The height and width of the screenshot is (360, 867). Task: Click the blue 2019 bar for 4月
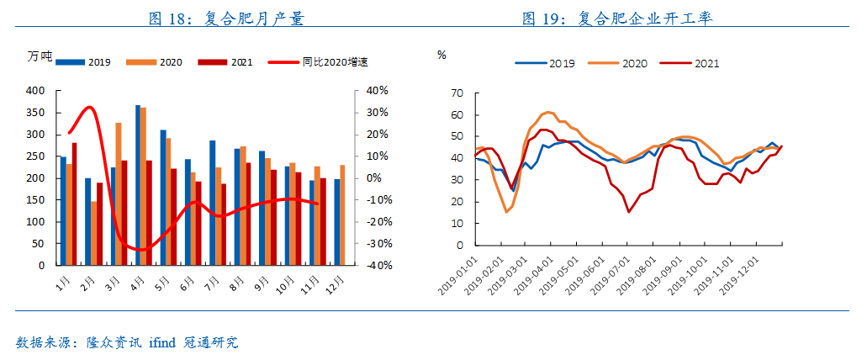(138, 185)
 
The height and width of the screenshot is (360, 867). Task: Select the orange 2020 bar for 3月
(119, 193)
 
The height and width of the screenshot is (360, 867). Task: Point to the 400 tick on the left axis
(35, 91)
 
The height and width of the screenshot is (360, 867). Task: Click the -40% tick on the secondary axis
(376, 266)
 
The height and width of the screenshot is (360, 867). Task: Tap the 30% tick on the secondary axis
(376, 113)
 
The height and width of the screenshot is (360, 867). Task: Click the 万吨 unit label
(39, 56)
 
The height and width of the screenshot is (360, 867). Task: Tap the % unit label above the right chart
(441, 56)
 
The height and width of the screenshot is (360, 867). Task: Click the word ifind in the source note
(162, 343)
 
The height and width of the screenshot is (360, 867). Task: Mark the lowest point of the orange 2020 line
(506, 211)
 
